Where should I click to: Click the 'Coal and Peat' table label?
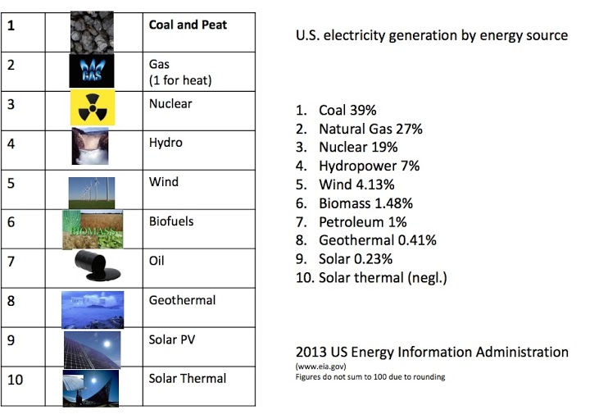click(x=188, y=25)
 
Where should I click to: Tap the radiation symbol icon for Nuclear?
click(x=92, y=109)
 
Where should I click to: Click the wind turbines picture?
click(x=92, y=189)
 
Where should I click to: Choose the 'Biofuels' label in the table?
click(x=171, y=221)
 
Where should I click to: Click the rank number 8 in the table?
click(x=11, y=301)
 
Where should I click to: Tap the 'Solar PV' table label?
click(x=171, y=339)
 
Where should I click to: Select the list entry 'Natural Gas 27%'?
click(x=359, y=129)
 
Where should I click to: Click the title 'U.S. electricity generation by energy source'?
click(x=431, y=36)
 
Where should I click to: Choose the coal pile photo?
click(x=92, y=33)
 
